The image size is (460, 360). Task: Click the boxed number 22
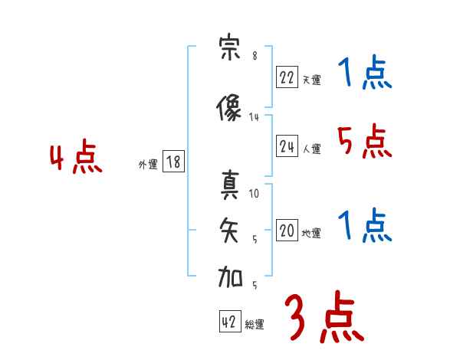click(287, 77)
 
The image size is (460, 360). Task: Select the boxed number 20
click(287, 231)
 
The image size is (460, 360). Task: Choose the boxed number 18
click(173, 162)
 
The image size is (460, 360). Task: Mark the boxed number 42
click(229, 322)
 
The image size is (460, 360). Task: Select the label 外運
click(147, 165)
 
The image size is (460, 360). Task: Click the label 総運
click(254, 325)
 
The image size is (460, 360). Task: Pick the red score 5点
click(364, 142)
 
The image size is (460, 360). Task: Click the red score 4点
click(76, 159)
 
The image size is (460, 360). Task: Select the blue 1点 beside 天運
click(365, 74)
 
